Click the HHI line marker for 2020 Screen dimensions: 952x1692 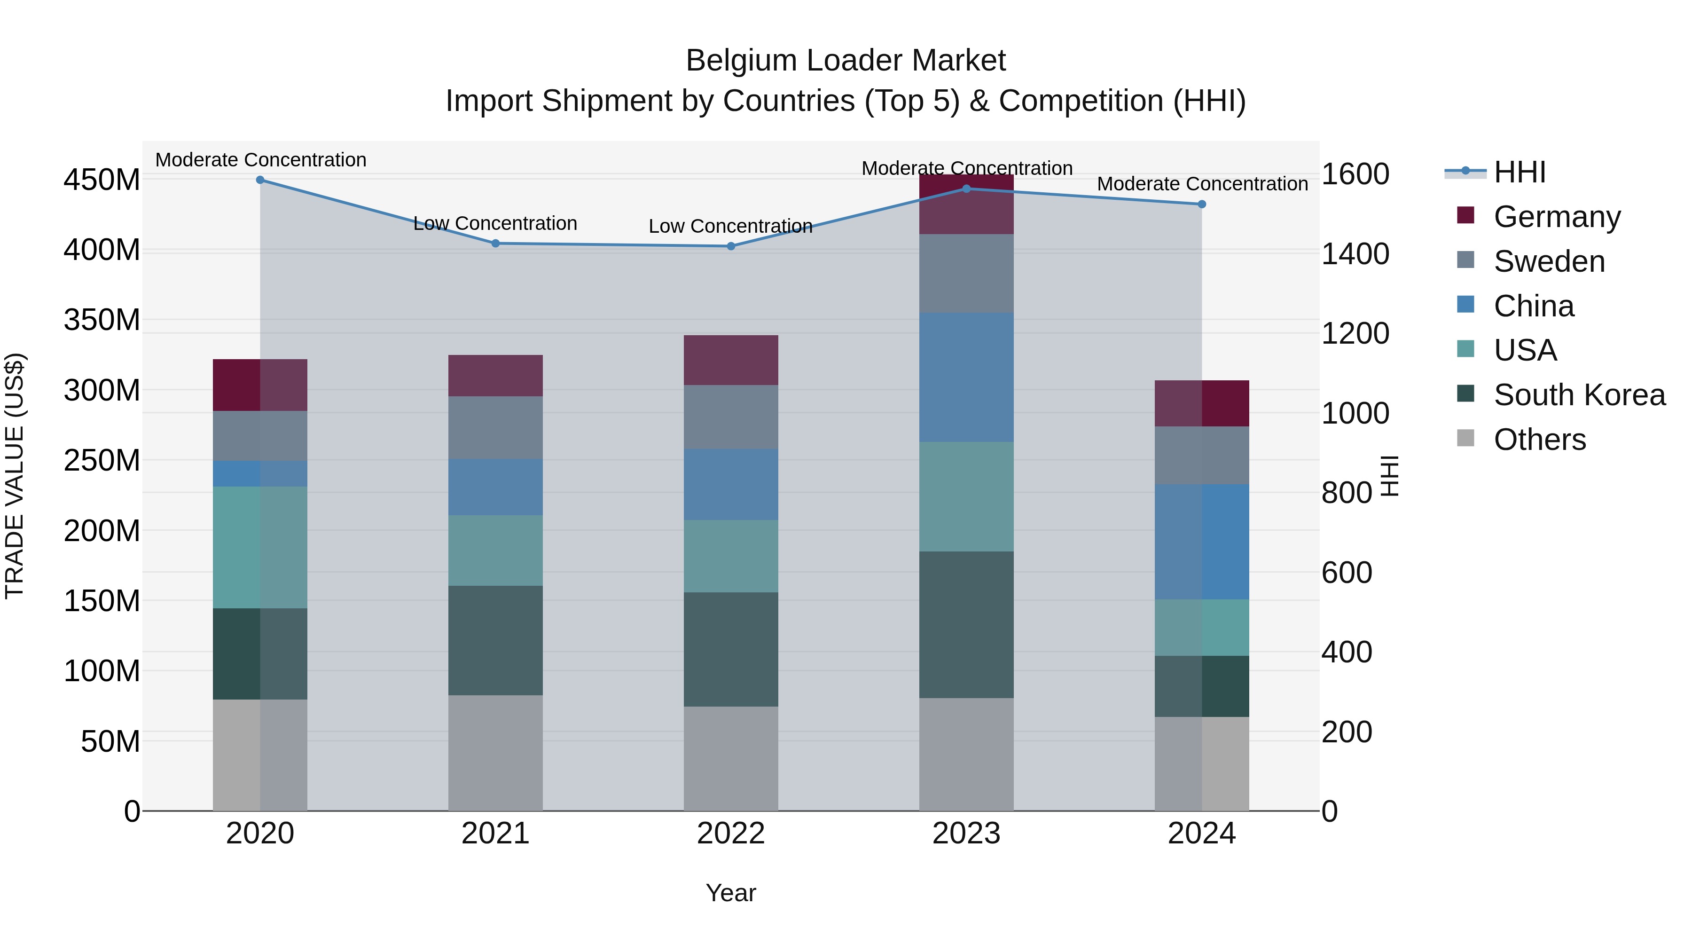[x=260, y=180]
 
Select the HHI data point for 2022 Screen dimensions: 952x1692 [x=730, y=246]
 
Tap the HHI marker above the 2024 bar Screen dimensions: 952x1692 [x=1202, y=205]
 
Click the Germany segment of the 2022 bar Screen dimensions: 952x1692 [x=730, y=360]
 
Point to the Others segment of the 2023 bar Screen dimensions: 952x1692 [x=966, y=754]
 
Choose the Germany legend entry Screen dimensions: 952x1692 [x=1557, y=217]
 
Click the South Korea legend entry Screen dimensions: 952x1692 [x=1579, y=395]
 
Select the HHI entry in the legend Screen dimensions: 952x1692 [x=1519, y=172]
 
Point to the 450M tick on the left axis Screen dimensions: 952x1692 [x=102, y=180]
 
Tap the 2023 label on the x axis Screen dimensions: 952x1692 [x=966, y=834]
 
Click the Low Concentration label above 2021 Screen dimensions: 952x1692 [x=495, y=223]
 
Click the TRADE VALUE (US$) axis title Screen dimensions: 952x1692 [x=15, y=476]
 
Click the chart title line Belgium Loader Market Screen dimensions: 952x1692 [x=846, y=61]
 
